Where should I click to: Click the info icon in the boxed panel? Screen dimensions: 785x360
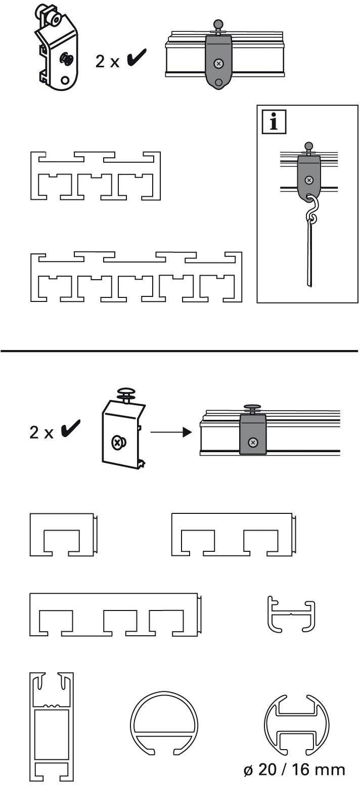[274, 123]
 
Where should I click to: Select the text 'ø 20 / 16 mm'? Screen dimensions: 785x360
[293, 769]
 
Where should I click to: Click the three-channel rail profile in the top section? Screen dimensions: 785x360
[96, 175]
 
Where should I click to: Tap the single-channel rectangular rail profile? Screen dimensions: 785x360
[63, 535]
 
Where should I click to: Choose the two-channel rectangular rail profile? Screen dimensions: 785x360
[233, 535]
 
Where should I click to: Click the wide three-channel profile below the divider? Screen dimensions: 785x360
[115, 615]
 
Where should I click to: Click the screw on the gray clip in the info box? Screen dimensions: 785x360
[309, 180]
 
